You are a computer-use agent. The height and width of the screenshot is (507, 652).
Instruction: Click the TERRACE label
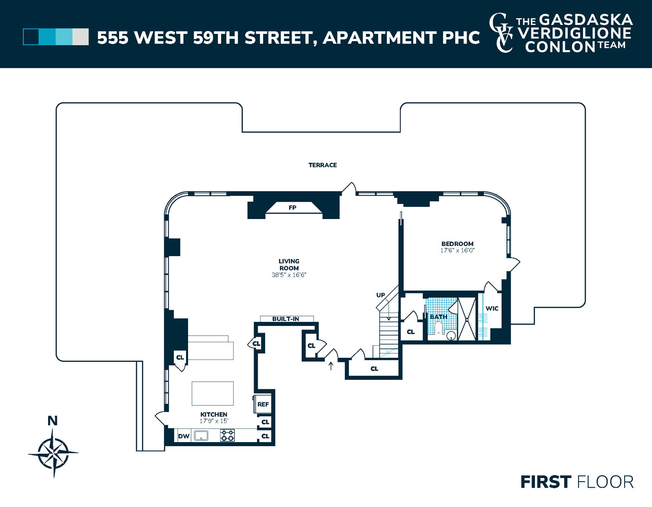pos(322,165)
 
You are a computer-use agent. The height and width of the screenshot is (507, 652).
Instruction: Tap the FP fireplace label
pos(293,207)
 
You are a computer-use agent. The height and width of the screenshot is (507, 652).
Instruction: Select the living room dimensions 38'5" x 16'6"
pos(289,275)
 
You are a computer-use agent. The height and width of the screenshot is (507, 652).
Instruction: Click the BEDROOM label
pos(457,244)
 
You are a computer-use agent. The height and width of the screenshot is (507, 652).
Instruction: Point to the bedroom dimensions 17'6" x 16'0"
pos(457,250)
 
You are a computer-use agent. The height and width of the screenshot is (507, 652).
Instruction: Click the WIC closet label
pos(492,308)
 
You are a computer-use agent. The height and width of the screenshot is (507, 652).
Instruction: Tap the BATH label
pos(439,317)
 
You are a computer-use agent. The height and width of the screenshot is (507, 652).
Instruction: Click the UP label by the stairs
pos(381,295)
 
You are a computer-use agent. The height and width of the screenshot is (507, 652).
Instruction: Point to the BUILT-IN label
pos(286,319)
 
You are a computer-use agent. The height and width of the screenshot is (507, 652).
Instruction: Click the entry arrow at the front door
pos(331,366)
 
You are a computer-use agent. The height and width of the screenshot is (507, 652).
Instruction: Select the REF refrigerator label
pos(263,404)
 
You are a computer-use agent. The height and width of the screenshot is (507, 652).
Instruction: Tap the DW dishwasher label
pos(184,436)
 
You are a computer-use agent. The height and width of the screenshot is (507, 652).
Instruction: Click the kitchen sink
pos(201,436)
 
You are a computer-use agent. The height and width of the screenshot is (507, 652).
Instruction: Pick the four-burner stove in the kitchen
pos(227,436)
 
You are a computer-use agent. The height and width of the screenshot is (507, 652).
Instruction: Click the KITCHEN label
pos(213,414)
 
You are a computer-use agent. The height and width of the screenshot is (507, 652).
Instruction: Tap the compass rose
pos(53,452)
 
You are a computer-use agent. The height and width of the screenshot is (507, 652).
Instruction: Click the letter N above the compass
pos(53,420)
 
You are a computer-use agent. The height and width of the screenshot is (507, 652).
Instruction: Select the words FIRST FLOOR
pos(577,482)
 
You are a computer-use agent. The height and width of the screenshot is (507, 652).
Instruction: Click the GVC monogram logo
pos(501,33)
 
